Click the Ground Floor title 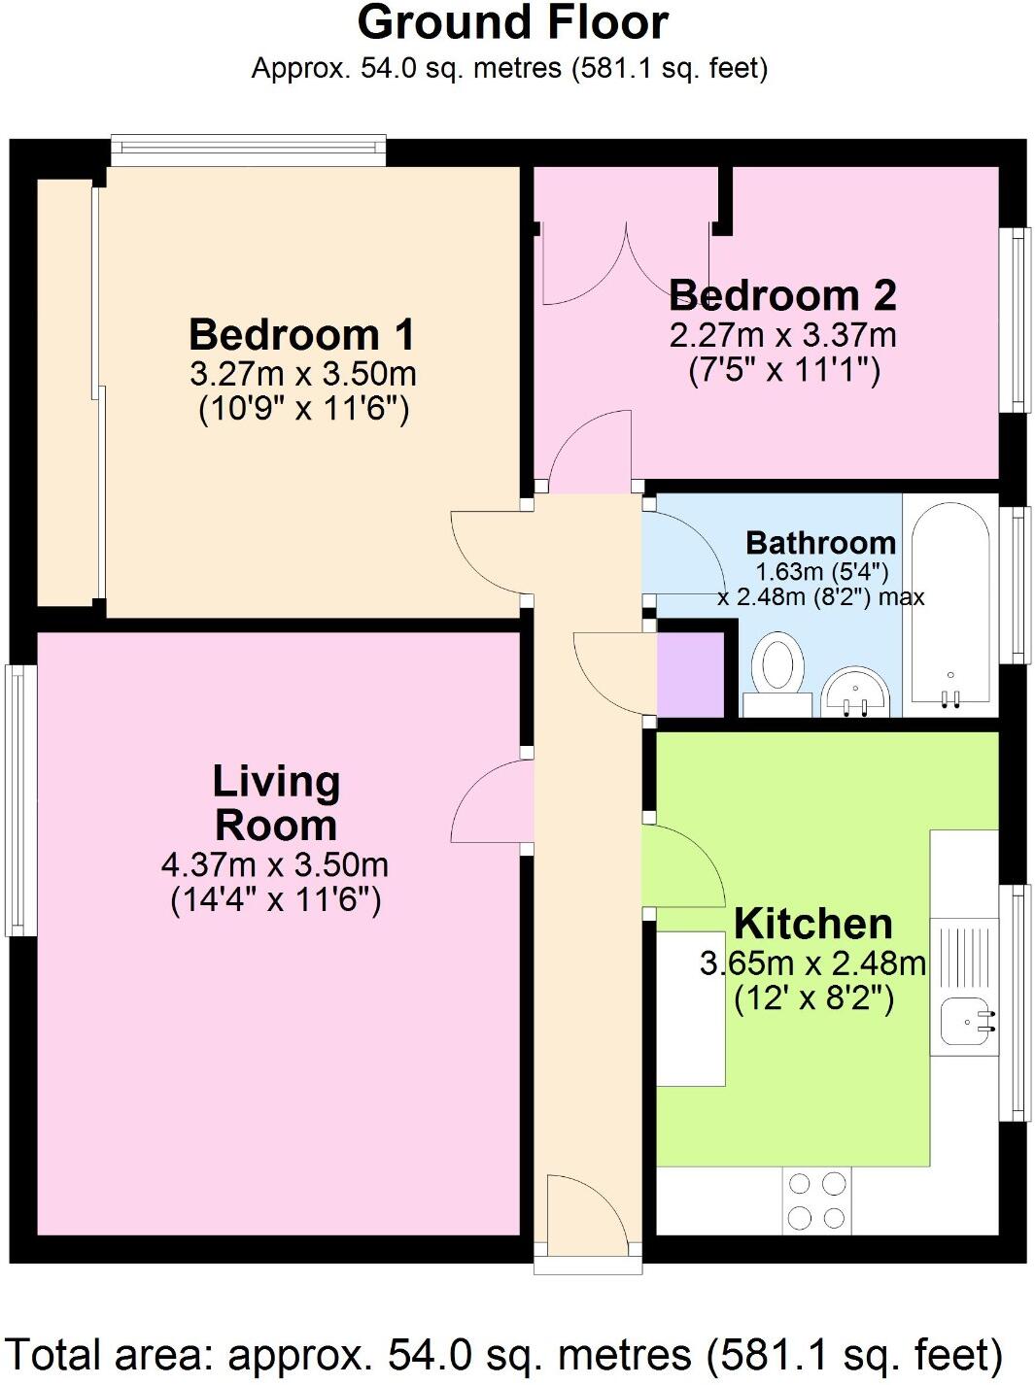click(512, 23)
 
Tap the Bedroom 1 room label click(301, 334)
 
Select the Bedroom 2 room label click(781, 295)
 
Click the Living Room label click(276, 803)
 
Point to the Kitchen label click(812, 924)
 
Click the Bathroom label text click(820, 542)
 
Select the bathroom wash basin click(856, 692)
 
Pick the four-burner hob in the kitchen click(816, 1200)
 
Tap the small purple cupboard click(691, 673)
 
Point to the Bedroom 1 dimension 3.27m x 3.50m click(303, 373)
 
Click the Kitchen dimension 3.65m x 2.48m click(812, 963)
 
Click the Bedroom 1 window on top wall click(248, 149)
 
